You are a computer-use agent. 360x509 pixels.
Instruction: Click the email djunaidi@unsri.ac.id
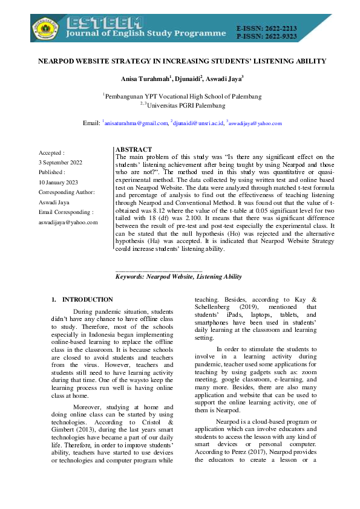click(197, 123)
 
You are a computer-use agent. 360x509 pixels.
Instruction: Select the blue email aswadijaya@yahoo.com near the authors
click(255, 123)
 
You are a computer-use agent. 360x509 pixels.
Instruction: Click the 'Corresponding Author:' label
click(67, 192)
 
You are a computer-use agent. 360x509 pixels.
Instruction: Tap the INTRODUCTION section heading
click(87, 299)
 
